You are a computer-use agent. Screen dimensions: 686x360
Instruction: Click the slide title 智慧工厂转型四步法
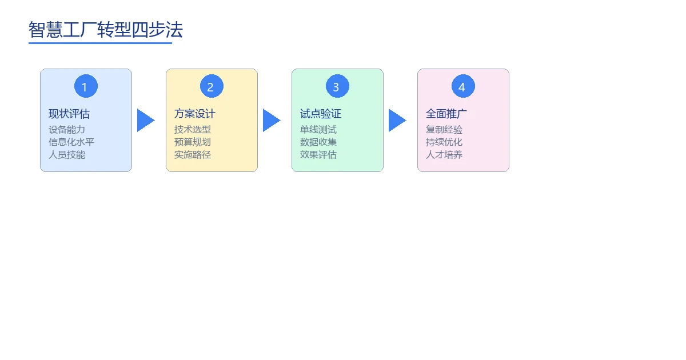106,30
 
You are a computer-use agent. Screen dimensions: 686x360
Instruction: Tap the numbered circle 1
86,86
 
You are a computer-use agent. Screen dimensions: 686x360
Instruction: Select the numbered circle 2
212,86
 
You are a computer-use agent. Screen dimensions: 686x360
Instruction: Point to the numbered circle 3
337,86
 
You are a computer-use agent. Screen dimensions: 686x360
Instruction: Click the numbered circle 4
463,86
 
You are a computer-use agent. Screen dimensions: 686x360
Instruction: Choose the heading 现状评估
69,114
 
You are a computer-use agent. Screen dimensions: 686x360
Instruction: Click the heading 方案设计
195,114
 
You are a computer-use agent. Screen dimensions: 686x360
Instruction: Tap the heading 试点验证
321,114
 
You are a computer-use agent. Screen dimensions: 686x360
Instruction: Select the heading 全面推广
446,114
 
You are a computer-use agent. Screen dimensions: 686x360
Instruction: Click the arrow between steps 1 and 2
145,121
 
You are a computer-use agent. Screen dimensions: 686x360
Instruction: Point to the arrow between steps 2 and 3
270,121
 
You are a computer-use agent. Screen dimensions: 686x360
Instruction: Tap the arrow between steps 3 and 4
396,121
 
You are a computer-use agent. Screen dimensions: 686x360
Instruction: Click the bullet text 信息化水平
71,142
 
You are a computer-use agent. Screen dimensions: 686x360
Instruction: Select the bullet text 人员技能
67,154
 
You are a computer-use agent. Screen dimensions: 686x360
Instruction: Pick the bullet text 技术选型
193,130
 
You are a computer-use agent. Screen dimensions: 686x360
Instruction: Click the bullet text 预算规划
193,142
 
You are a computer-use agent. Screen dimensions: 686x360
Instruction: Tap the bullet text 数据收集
318,142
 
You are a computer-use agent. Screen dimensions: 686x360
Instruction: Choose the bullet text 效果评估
318,154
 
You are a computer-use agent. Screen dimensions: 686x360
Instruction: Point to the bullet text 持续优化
444,142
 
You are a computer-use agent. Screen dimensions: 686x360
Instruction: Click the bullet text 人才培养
444,154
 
